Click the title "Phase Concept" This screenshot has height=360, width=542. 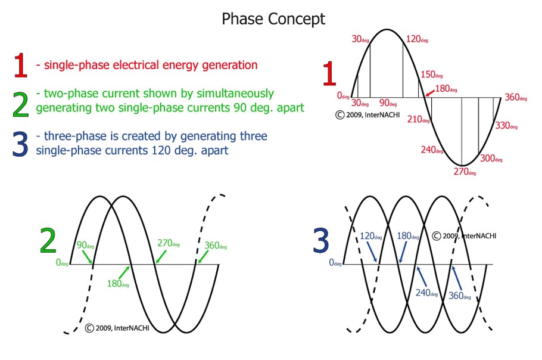point(273,19)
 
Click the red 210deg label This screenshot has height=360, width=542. point(418,120)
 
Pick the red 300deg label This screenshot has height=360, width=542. point(491,159)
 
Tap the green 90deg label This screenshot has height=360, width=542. point(86,245)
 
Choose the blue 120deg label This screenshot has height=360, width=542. point(371,236)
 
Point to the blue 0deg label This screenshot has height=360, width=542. point(335,263)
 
